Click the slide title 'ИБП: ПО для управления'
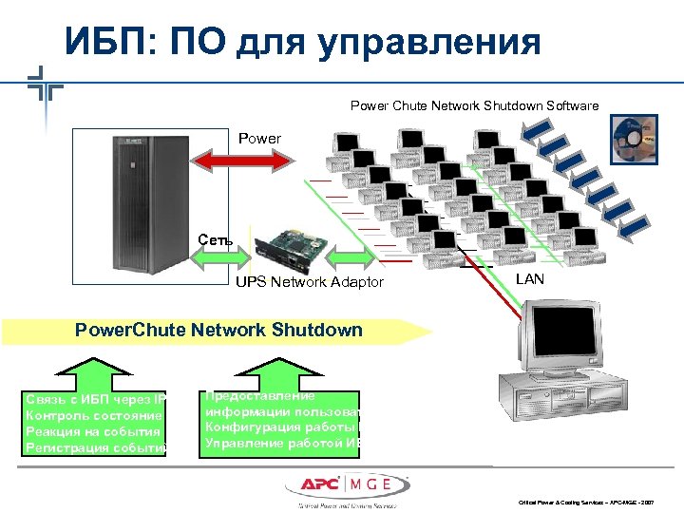(x=302, y=42)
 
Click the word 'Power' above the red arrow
(x=259, y=139)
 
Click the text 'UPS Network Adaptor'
(x=310, y=282)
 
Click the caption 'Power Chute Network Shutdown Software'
(x=474, y=105)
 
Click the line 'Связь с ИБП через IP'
(x=96, y=399)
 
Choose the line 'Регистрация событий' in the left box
(x=96, y=447)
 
